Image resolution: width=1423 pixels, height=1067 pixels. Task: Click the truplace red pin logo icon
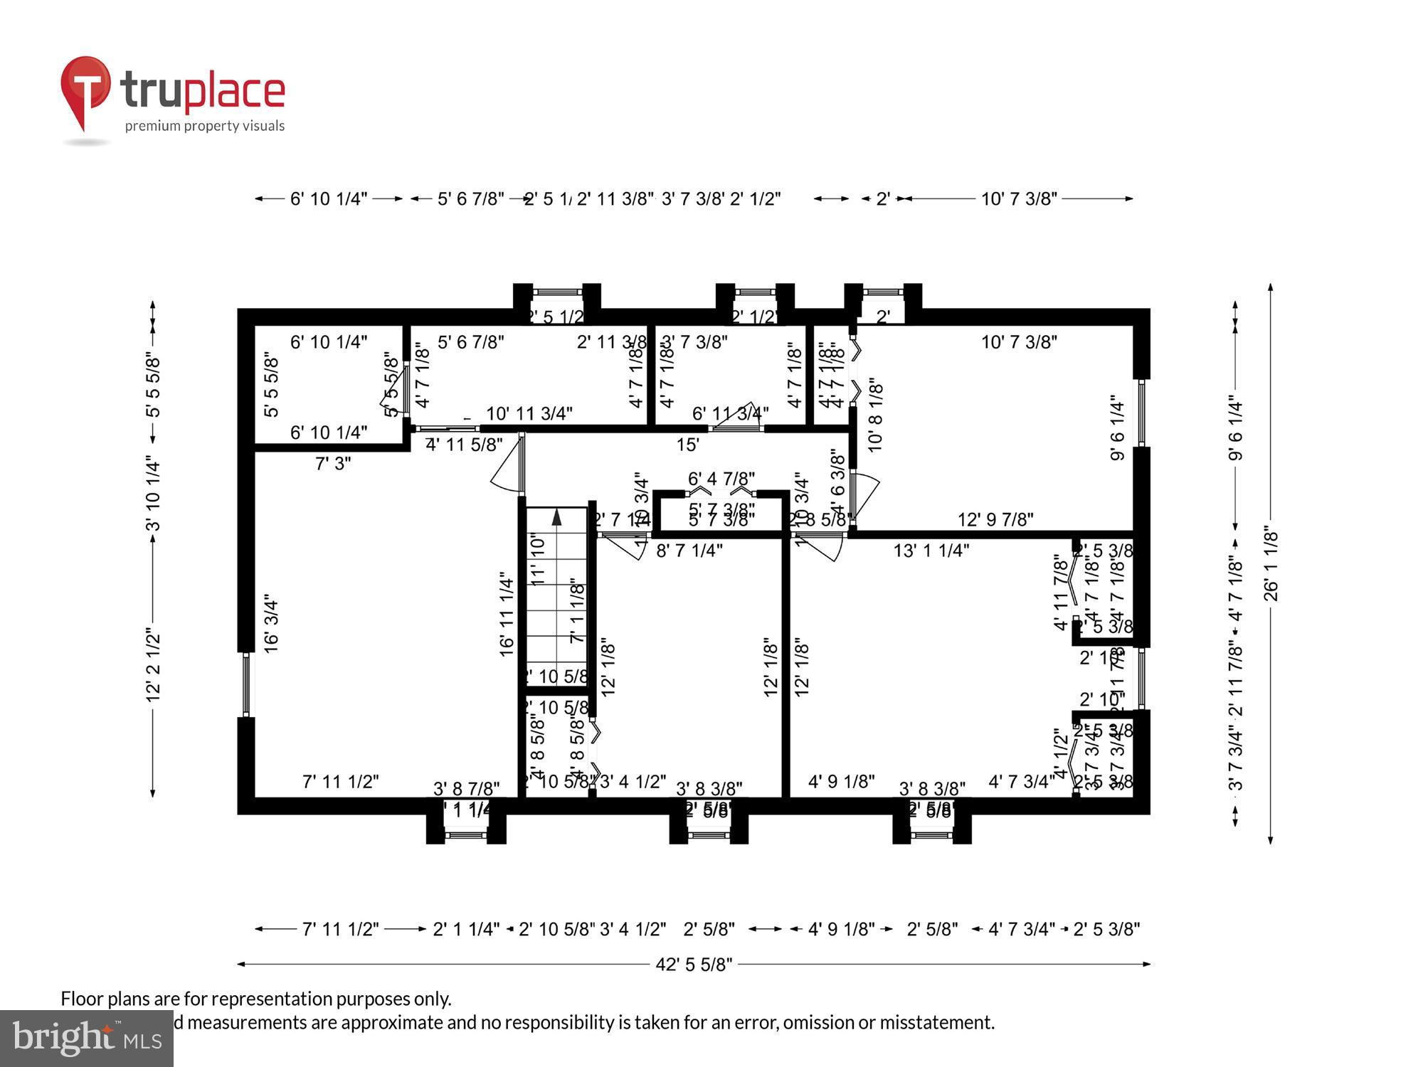(x=85, y=89)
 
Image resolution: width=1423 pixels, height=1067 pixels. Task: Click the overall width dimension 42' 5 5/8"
(x=694, y=965)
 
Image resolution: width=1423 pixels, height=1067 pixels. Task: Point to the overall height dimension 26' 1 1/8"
(x=1271, y=564)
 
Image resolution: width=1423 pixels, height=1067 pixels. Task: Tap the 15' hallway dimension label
(x=687, y=445)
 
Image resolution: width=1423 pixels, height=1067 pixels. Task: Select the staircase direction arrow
(x=557, y=518)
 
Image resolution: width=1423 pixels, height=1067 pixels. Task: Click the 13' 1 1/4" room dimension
(x=931, y=551)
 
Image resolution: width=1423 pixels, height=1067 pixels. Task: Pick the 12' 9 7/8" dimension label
(x=995, y=520)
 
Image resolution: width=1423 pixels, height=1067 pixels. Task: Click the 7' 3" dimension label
(x=333, y=464)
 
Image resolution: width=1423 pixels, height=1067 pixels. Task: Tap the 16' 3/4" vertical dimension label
(x=271, y=623)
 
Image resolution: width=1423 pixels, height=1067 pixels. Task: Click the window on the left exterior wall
(x=246, y=685)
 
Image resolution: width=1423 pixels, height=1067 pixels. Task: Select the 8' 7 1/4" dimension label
(x=689, y=551)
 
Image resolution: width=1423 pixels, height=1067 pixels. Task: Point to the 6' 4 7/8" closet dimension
(x=721, y=479)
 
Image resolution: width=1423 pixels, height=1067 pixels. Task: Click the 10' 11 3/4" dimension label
(x=529, y=413)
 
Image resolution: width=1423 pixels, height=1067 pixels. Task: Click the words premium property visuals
(x=204, y=127)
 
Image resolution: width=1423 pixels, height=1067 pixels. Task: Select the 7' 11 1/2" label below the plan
(x=340, y=929)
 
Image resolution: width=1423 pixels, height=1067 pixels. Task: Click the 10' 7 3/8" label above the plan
(x=1019, y=199)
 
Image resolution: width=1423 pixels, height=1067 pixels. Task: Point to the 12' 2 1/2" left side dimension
(x=153, y=664)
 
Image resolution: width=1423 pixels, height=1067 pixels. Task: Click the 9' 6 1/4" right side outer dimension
(x=1236, y=430)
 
